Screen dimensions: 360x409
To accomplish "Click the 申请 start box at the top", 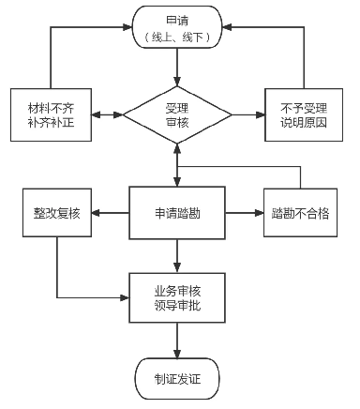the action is pyautogui.click(x=177, y=27).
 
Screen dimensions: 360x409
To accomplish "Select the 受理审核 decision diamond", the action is pyautogui.click(x=177, y=114).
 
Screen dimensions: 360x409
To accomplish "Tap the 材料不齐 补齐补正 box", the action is pyautogui.click(x=51, y=114).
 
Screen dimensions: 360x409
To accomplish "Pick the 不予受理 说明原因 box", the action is pyautogui.click(x=304, y=114).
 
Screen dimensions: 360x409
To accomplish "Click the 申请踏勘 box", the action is pyautogui.click(x=177, y=213).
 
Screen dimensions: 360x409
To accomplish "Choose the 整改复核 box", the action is pyautogui.click(x=57, y=213).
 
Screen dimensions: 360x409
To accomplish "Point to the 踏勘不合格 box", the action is pyautogui.click(x=300, y=213).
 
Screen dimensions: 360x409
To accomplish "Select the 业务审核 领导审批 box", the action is pyautogui.click(x=177, y=297).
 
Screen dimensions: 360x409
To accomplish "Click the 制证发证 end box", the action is pyautogui.click(x=177, y=379).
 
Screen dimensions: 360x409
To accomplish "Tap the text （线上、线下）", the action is pyautogui.click(x=177, y=38).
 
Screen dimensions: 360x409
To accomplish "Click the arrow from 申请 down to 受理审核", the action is pyautogui.click(x=177, y=68).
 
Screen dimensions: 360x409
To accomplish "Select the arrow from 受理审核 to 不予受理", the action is pyautogui.click(x=248, y=114).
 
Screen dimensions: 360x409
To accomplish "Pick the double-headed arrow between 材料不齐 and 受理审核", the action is pyautogui.click(x=107, y=114).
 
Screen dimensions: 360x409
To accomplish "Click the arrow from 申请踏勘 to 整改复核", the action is pyautogui.click(x=111, y=213).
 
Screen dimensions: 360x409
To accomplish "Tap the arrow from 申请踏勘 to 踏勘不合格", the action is pyautogui.click(x=245, y=213).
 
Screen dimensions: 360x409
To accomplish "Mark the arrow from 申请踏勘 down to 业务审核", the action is pyautogui.click(x=177, y=256).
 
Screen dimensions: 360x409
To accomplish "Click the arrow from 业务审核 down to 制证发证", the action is pyautogui.click(x=177, y=341).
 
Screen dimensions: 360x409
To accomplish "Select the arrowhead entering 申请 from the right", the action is pyautogui.click(x=227, y=27).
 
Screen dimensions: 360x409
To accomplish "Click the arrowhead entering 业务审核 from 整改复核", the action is pyautogui.click(x=125, y=297).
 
